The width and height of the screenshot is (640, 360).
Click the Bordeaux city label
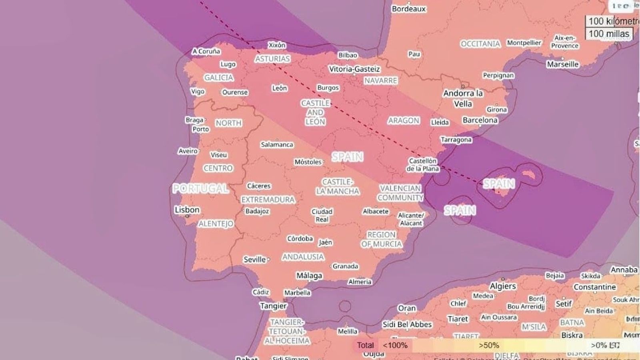pyautogui.click(x=408, y=9)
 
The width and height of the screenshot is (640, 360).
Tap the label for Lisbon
pyautogui.click(x=187, y=210)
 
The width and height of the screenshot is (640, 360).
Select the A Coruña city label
pyautogui.click(x=206, y=51)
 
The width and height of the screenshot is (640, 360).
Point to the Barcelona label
pyautogui.click(x=480, y=120)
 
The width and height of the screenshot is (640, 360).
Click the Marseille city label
pyautogui.click(x=562, y=64)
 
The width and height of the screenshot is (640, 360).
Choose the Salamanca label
pyautogui.click(x=277, y=144)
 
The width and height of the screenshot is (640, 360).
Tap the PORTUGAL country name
pyautogui.click(x=200, y=188)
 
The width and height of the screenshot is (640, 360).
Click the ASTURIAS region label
pyautogui.click(x=272, y=59)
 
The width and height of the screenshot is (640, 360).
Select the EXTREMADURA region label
pyautogui.click(x=268, y=199)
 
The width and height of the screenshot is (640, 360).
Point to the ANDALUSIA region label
pyautogui.click(x=303, y=257)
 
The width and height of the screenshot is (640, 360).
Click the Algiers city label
pyautogui.click(x=503, y=286)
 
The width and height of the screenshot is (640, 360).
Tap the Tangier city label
pyautogui.click(x=273, y=306)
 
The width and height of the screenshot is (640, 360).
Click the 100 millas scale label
pyautogui.click(x=609, y=34)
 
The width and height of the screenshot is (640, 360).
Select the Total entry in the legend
pyautogui.click(x=365, y=345)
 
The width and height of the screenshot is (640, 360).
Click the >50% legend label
pyautogui.click(x=488, y=345)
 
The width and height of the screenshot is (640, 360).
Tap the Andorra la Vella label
pyautogui.click(x=463, y=98)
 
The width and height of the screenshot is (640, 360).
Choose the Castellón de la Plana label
pyautogui.click(x=422, y=165)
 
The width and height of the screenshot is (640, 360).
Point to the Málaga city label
pyautogui.click(x=309, y=276)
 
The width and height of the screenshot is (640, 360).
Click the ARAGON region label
pyautogui.click(x=403, y=120)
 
